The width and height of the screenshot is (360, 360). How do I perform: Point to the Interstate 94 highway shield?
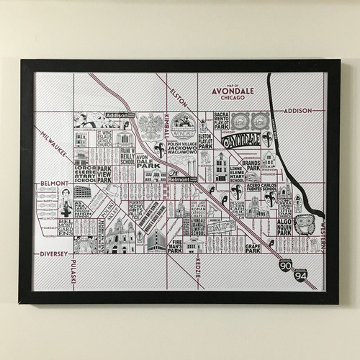point(300,274)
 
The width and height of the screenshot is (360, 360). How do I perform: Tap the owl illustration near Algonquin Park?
point(304,224)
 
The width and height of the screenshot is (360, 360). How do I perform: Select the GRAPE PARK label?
point(252,249)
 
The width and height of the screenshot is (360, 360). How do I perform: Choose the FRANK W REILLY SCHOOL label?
point(127,156)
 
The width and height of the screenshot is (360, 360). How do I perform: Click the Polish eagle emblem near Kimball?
point(151,125)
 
